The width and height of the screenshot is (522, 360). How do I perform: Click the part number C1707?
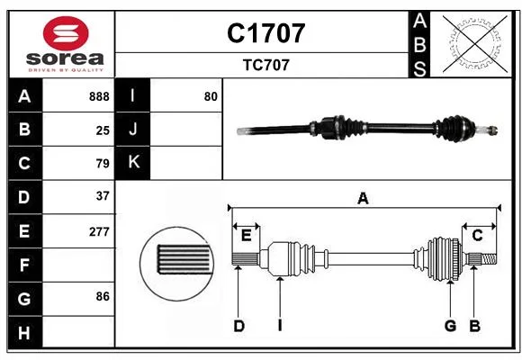click(265, 33)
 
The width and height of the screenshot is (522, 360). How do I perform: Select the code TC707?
click(266, 65)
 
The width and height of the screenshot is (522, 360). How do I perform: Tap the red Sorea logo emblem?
click(66, 33)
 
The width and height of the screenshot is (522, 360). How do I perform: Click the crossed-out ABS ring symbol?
click(474, 43)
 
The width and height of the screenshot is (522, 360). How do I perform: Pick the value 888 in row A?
click(99, 96)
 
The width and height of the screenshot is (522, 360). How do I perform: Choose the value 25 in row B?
click(103, 130)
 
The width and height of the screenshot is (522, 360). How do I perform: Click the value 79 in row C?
click(103, 164)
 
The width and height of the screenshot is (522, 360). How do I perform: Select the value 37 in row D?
click(103, 196)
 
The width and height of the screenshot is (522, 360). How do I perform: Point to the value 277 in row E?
click(99, 231)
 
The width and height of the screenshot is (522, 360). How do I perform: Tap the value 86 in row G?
click(103, 296)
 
